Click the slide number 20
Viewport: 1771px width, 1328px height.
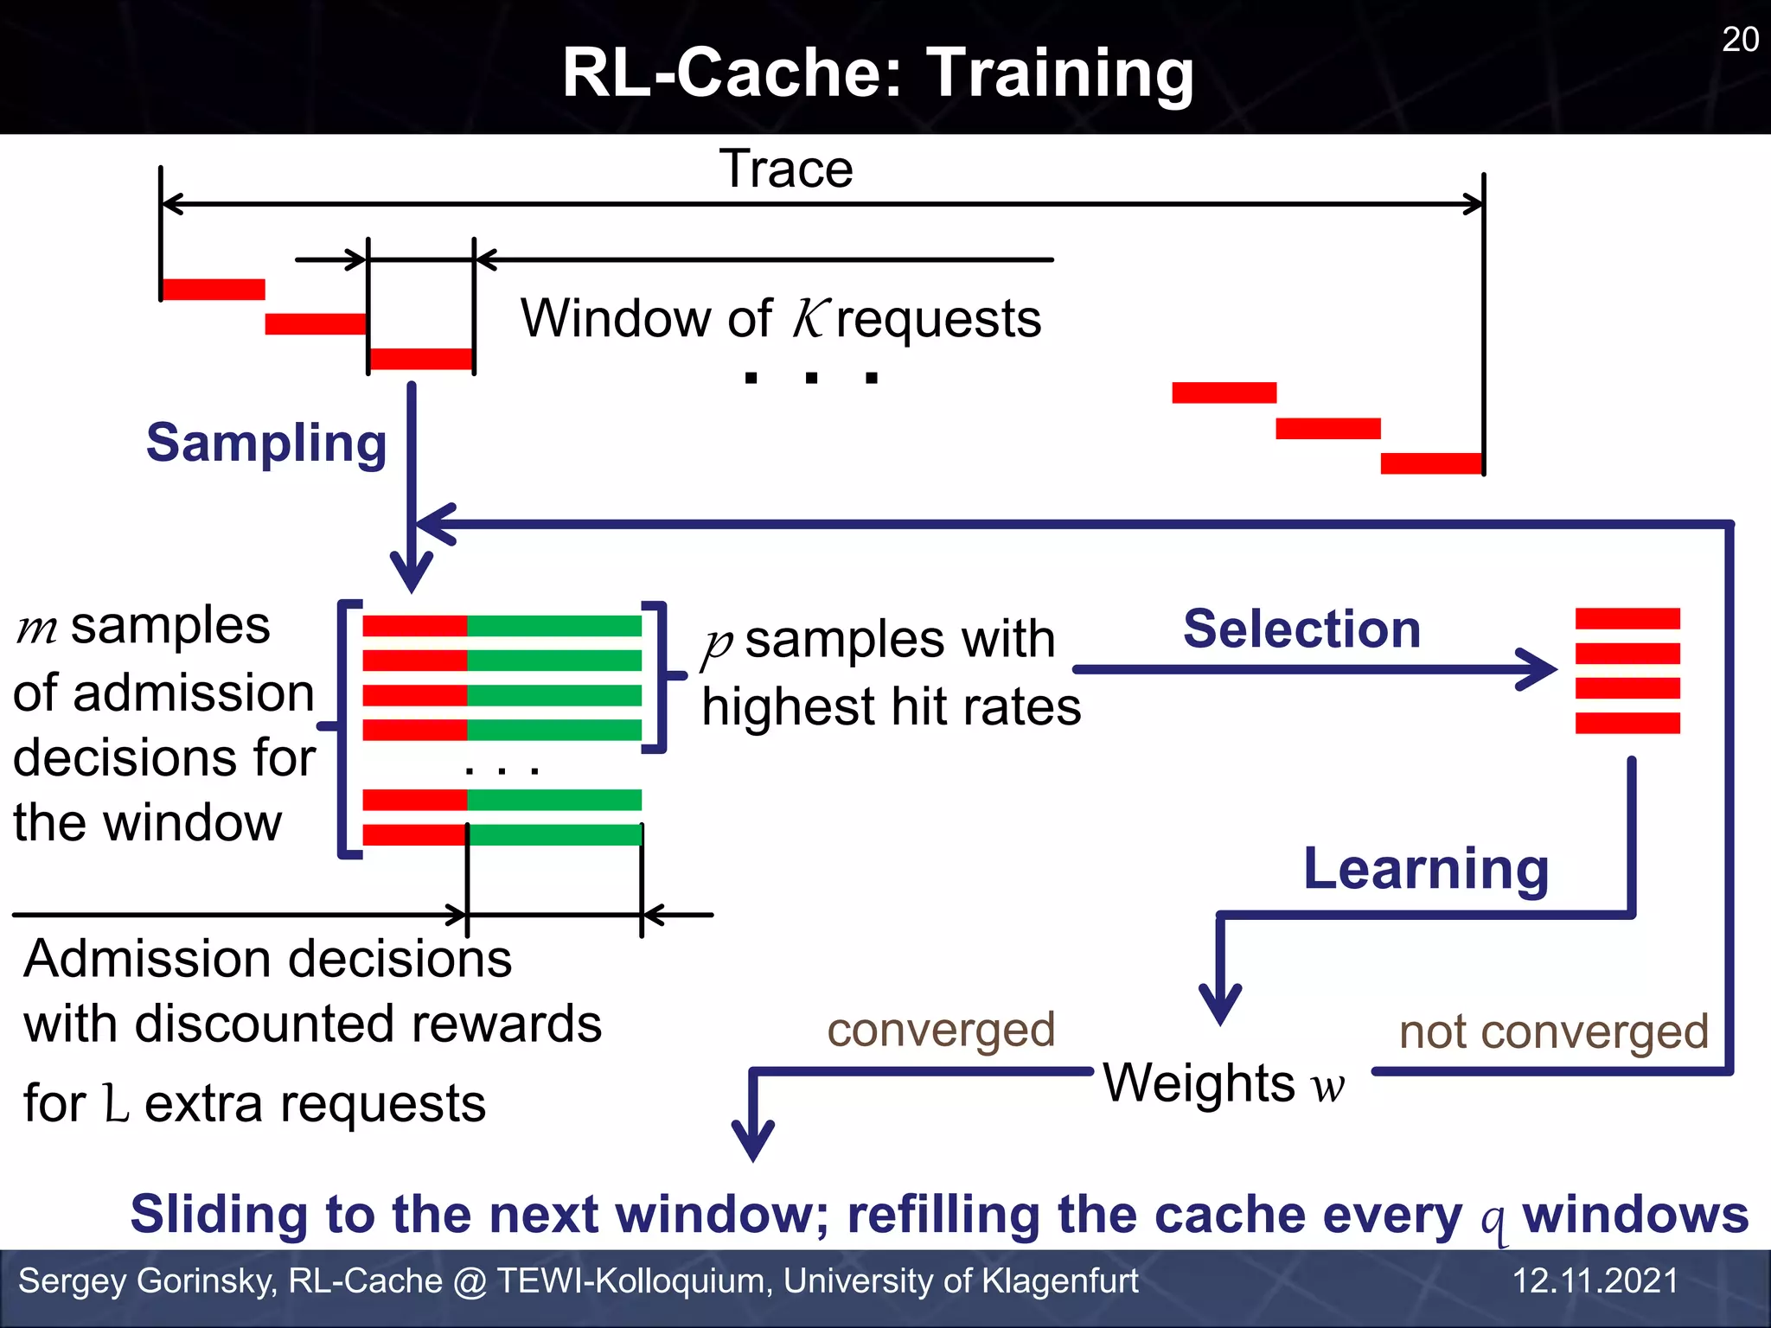coord(1740,40)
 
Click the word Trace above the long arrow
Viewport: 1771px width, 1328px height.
coord(786,169)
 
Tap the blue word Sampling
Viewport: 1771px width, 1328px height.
coord(266,444)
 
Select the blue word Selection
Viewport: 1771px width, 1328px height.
coord(1301,629)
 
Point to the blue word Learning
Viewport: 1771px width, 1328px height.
coord(1426,869)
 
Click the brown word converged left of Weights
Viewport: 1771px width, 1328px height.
coord(941,1030)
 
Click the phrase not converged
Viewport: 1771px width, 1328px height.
coord(1554,1031)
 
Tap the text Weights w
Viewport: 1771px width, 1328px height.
coord(1224,1083)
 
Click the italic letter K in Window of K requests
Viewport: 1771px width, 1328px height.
coord(811,319)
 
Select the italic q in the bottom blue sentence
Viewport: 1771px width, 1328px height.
coord(1493,1219)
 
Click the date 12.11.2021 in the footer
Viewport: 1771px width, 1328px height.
coord(1595,1280)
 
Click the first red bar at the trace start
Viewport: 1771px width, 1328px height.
coord(213,290)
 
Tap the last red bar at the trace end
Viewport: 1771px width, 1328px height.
coord(1431,463)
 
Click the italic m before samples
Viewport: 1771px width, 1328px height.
coord(37,629)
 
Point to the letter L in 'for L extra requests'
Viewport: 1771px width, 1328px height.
coord(116,1104)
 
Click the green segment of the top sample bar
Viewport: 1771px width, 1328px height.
coord(553,626)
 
